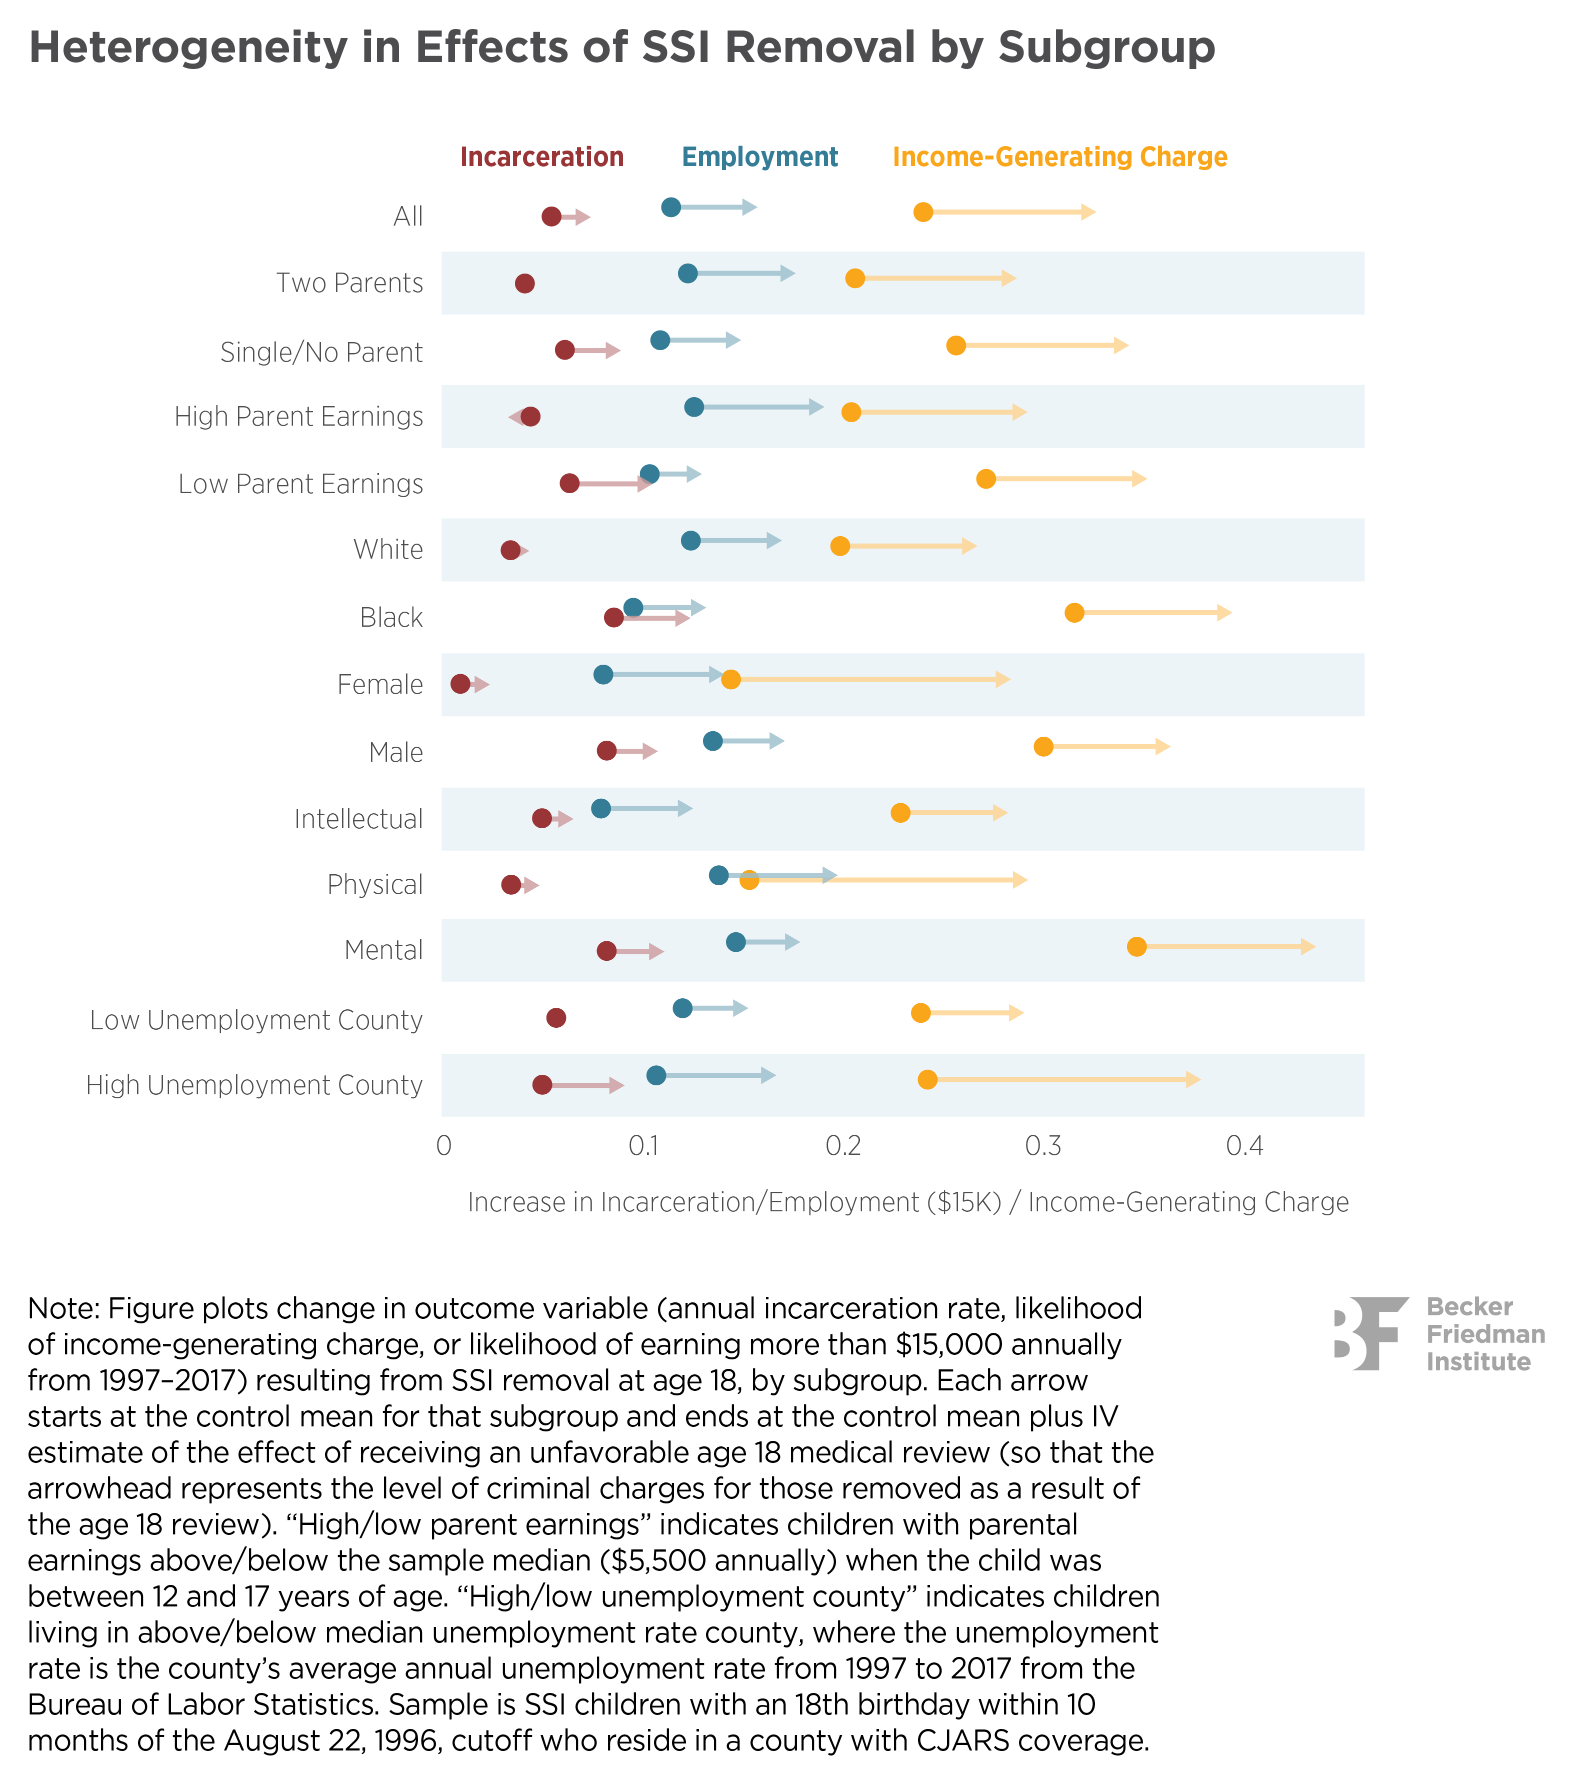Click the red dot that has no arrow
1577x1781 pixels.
pos(524,283)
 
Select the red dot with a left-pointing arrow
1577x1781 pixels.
pos(530,417)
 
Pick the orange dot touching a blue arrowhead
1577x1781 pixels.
pos(731,679)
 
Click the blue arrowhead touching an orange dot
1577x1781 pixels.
pos(715,674)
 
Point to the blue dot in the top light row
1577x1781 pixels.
pos(687,274)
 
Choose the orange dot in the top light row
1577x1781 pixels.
pos(854,278)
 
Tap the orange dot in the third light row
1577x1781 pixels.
pos(840,546)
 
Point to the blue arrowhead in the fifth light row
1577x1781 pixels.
pos(685,809)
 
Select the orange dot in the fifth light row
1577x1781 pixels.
pos(901,813)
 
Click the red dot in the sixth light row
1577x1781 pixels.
pos(606,951)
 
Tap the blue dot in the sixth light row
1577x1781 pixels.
pos(735,942)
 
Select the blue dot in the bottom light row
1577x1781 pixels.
pos(656,1075)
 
